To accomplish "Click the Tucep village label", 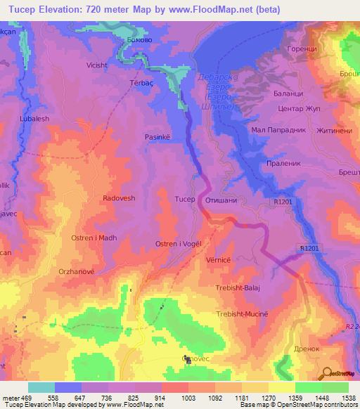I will tap(185, 199).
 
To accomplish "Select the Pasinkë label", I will tap(157, 138).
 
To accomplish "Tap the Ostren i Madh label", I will tap(94, 238).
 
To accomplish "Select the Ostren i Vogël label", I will tap(179, 243).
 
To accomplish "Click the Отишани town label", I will tap(221, 200).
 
